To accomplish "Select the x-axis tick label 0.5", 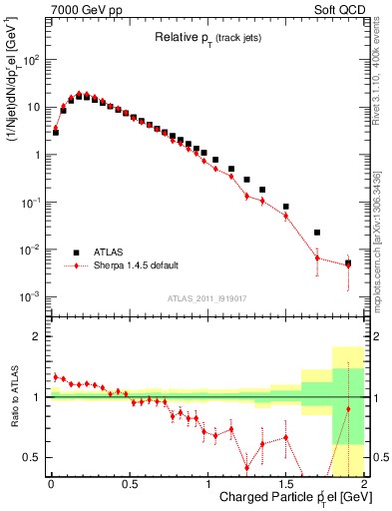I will point(129,486).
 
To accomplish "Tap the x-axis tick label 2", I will point(364,486).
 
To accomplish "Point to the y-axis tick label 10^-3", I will point(32,297).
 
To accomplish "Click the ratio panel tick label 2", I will point(38,337).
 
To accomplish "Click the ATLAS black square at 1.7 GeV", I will point(317,233).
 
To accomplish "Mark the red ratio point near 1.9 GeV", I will point(348,409).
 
